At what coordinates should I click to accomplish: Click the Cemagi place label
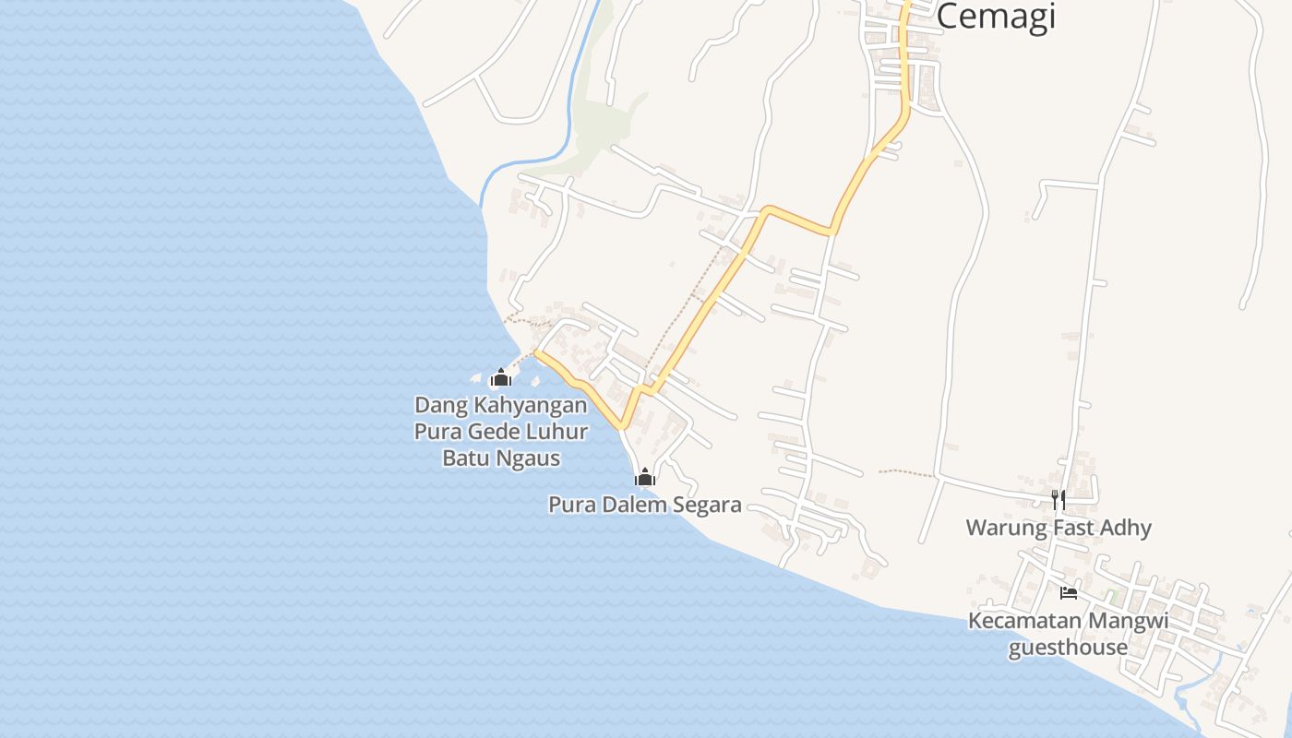pos(996,17)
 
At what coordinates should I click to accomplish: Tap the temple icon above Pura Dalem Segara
pos(644,477)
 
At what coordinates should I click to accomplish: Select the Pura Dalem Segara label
pos(644,505)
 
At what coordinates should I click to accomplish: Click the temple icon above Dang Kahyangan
pos(501,377)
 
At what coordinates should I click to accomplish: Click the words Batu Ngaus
pos(501,458)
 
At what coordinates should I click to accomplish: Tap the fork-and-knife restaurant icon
pos(1059,500)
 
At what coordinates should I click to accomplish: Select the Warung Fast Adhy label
pos(1059,528)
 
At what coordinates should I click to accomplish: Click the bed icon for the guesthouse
pos(1069,593)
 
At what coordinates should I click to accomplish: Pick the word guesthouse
pos(1068,647)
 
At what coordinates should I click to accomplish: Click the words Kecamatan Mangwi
pos(1068,621)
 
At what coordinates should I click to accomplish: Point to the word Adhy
pos(1126,528)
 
